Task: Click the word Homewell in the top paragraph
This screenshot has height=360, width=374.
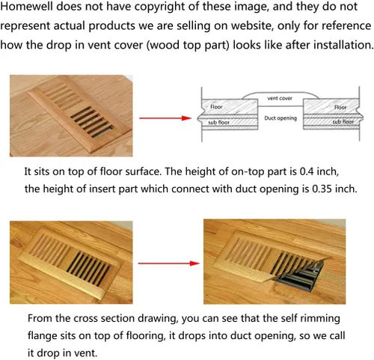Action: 27,6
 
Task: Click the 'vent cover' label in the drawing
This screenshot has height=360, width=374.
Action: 280,98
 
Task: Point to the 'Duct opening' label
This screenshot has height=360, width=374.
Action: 280,118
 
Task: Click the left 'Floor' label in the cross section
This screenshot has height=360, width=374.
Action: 216,107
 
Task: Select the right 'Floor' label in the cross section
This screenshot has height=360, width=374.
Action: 340,107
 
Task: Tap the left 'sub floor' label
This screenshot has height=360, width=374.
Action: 218,122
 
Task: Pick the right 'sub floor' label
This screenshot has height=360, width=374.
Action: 343,122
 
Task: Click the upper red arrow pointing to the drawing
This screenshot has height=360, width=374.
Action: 165,118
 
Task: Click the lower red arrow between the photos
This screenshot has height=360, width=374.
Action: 168,263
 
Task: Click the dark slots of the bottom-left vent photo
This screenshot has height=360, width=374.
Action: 88,269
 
